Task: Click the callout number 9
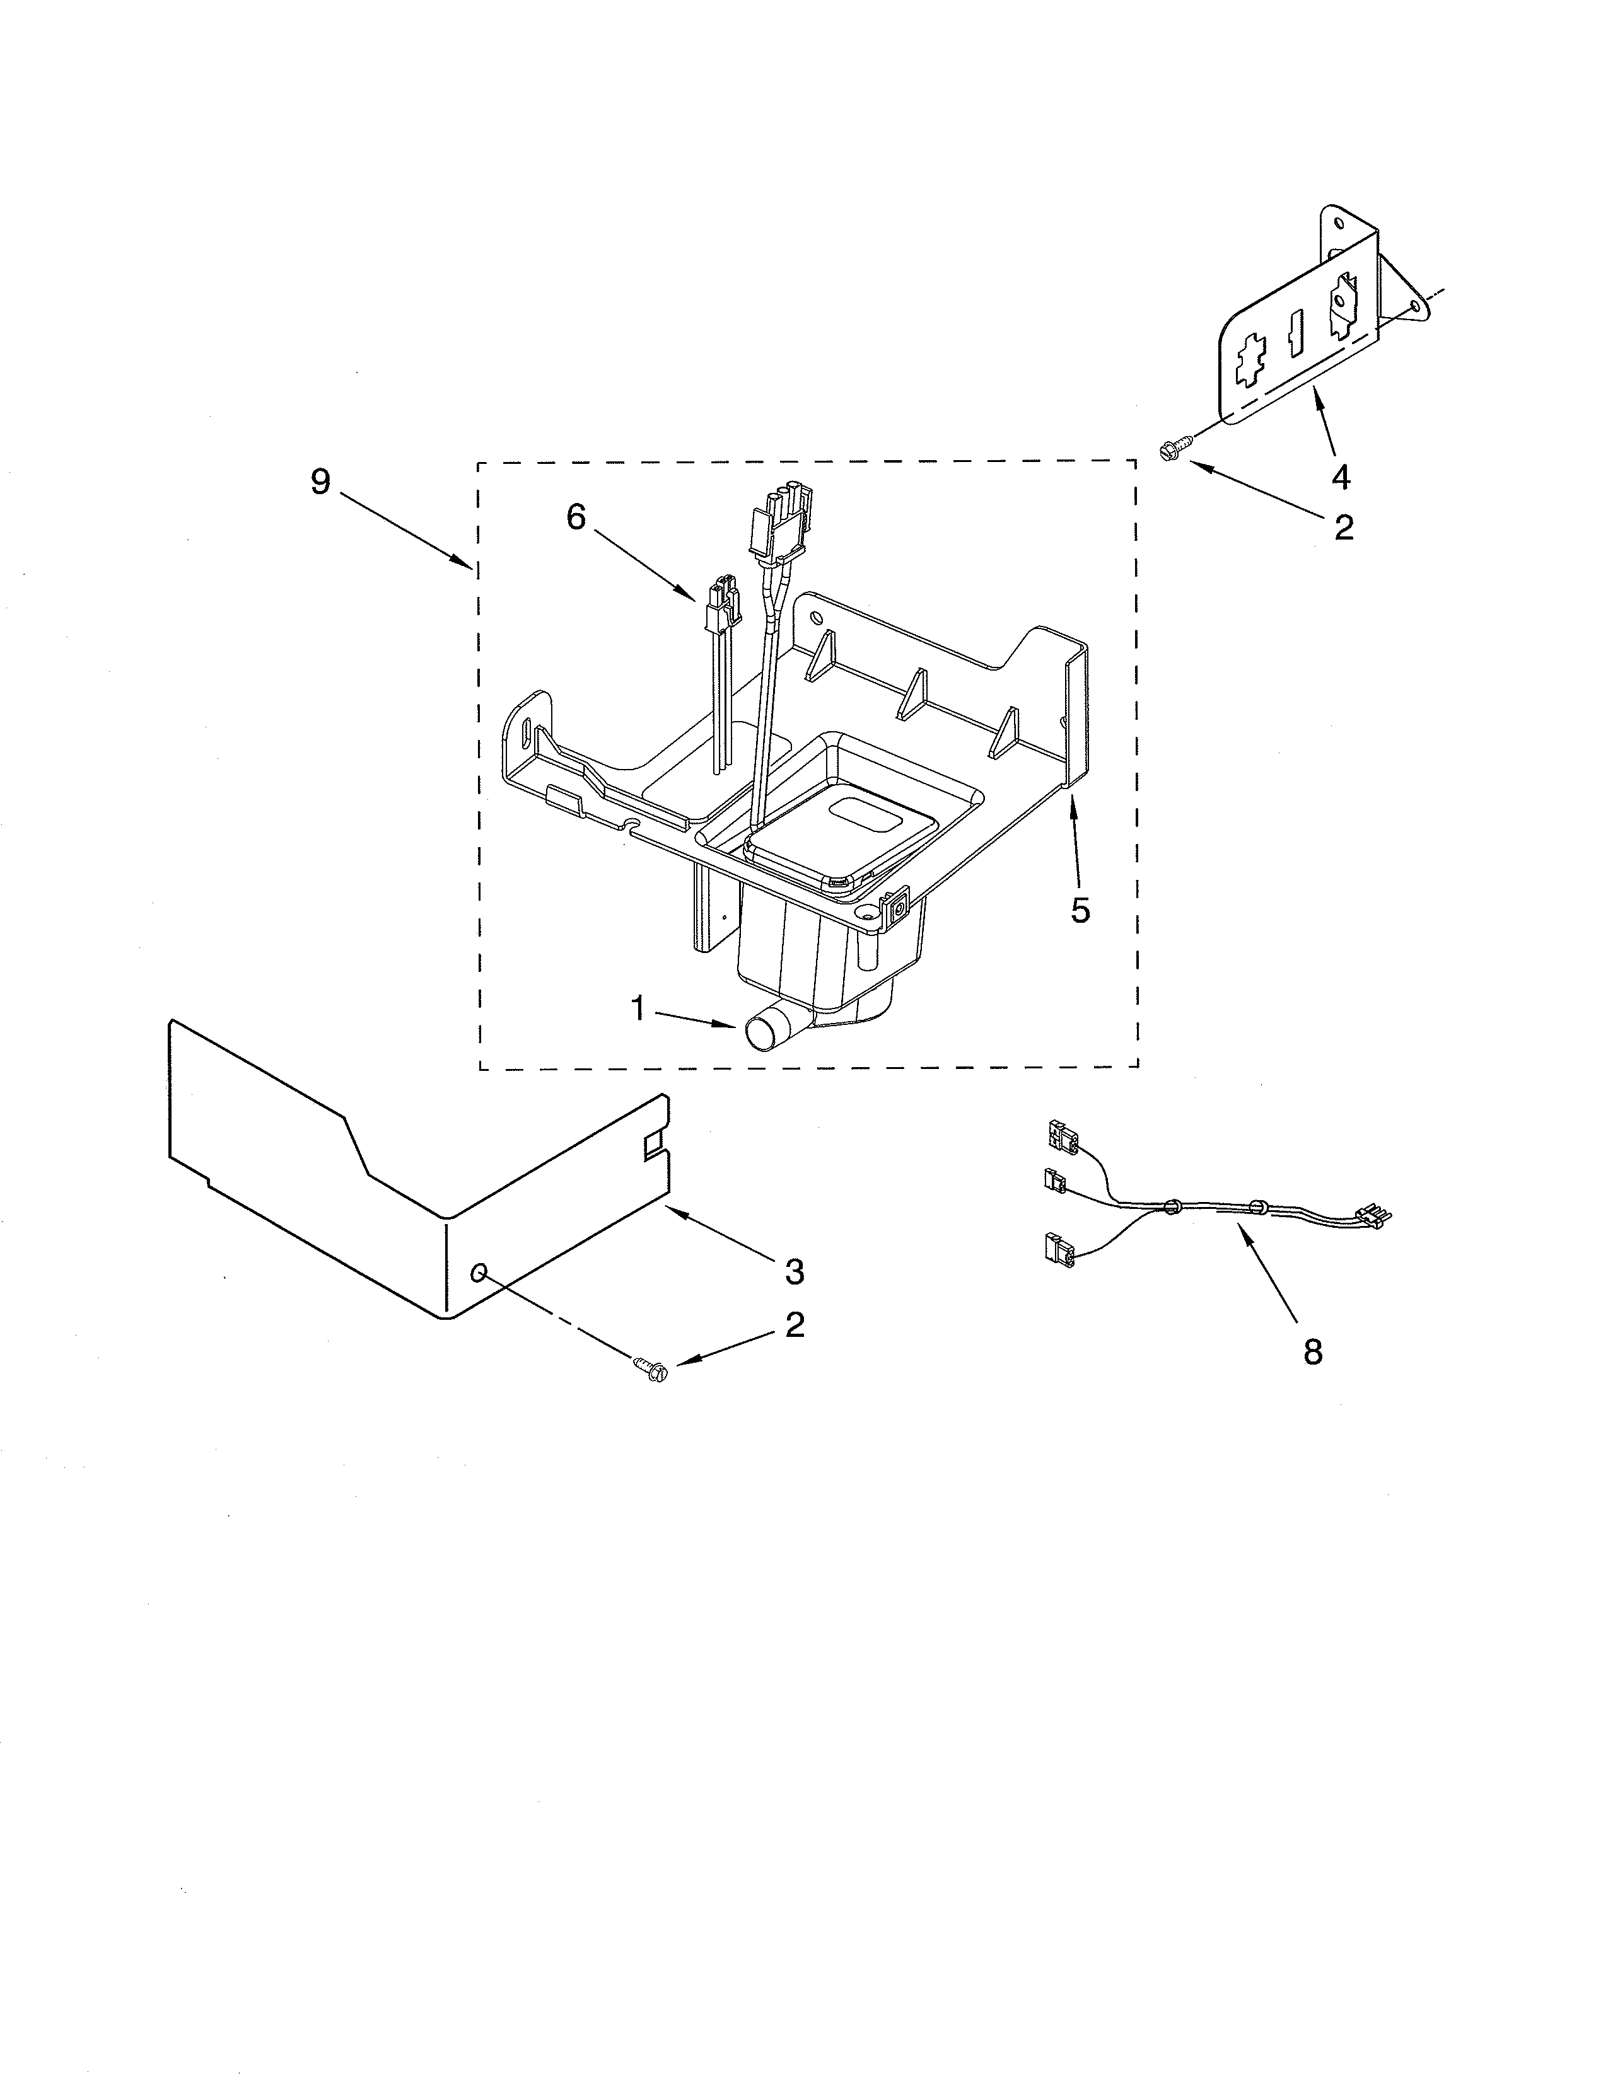[320, 483]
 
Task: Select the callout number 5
[1080, 911]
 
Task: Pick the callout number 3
[793, 1271]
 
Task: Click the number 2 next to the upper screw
[1343, 527]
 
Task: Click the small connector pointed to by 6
[722, 603]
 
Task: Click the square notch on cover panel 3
[653, 1143]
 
